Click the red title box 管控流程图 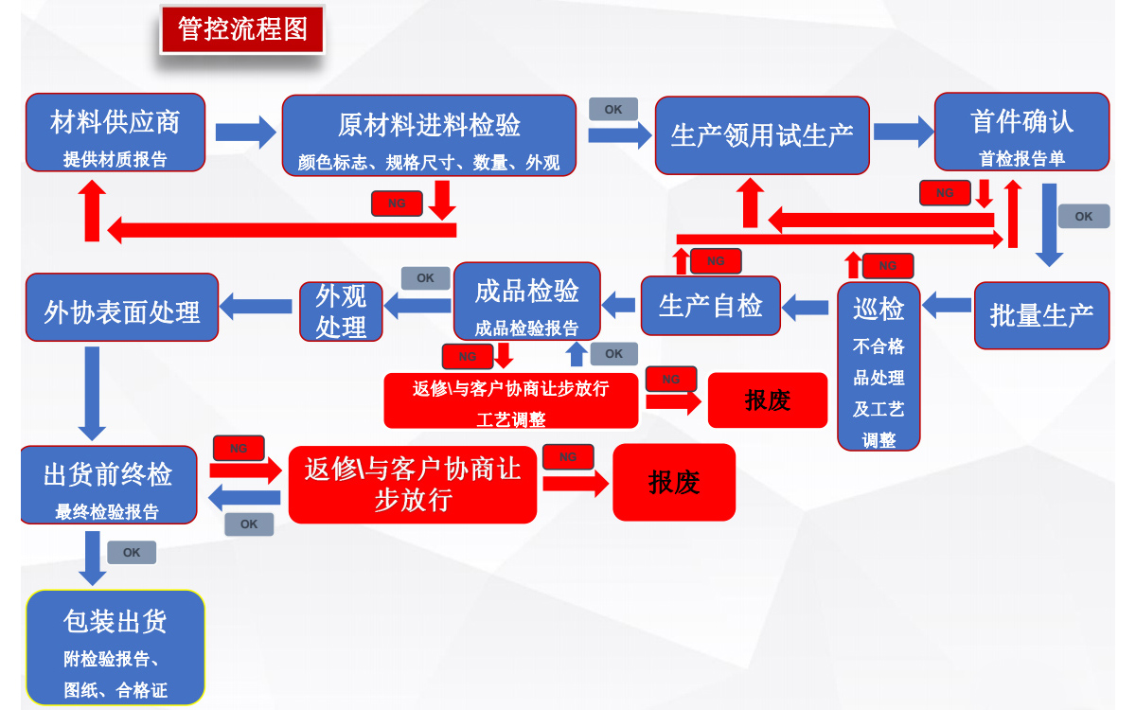[x=242, y=29]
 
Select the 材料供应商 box [x=115, y=133]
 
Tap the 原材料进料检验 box [x=429, y=134]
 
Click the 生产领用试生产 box [x=762, y=135]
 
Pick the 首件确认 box [x=1021, y=132]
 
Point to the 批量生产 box [x=1041, y=315]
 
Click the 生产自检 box [x=711, y=306]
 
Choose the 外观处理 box [x=341, y=311]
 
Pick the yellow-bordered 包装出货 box [x=115, y=648]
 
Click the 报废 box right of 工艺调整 [x=768, y=400]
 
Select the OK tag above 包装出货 [x=132, y=553]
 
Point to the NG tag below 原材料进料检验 [x=397, y=204]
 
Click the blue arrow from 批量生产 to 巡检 [x=947, y=305]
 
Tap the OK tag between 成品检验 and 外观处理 [x=426, y=278]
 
